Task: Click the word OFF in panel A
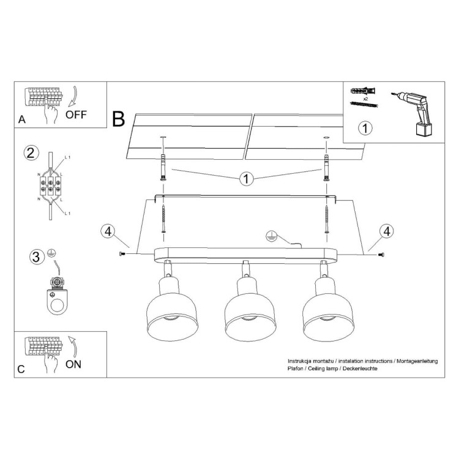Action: coord(76,114)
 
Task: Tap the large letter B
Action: coord(119,118)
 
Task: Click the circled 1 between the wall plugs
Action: coord(246,179)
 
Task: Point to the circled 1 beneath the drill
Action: coord(365,129)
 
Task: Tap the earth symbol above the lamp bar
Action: coord(270,236)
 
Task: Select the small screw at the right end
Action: coord(381,255)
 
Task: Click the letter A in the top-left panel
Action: coord(22,120)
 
